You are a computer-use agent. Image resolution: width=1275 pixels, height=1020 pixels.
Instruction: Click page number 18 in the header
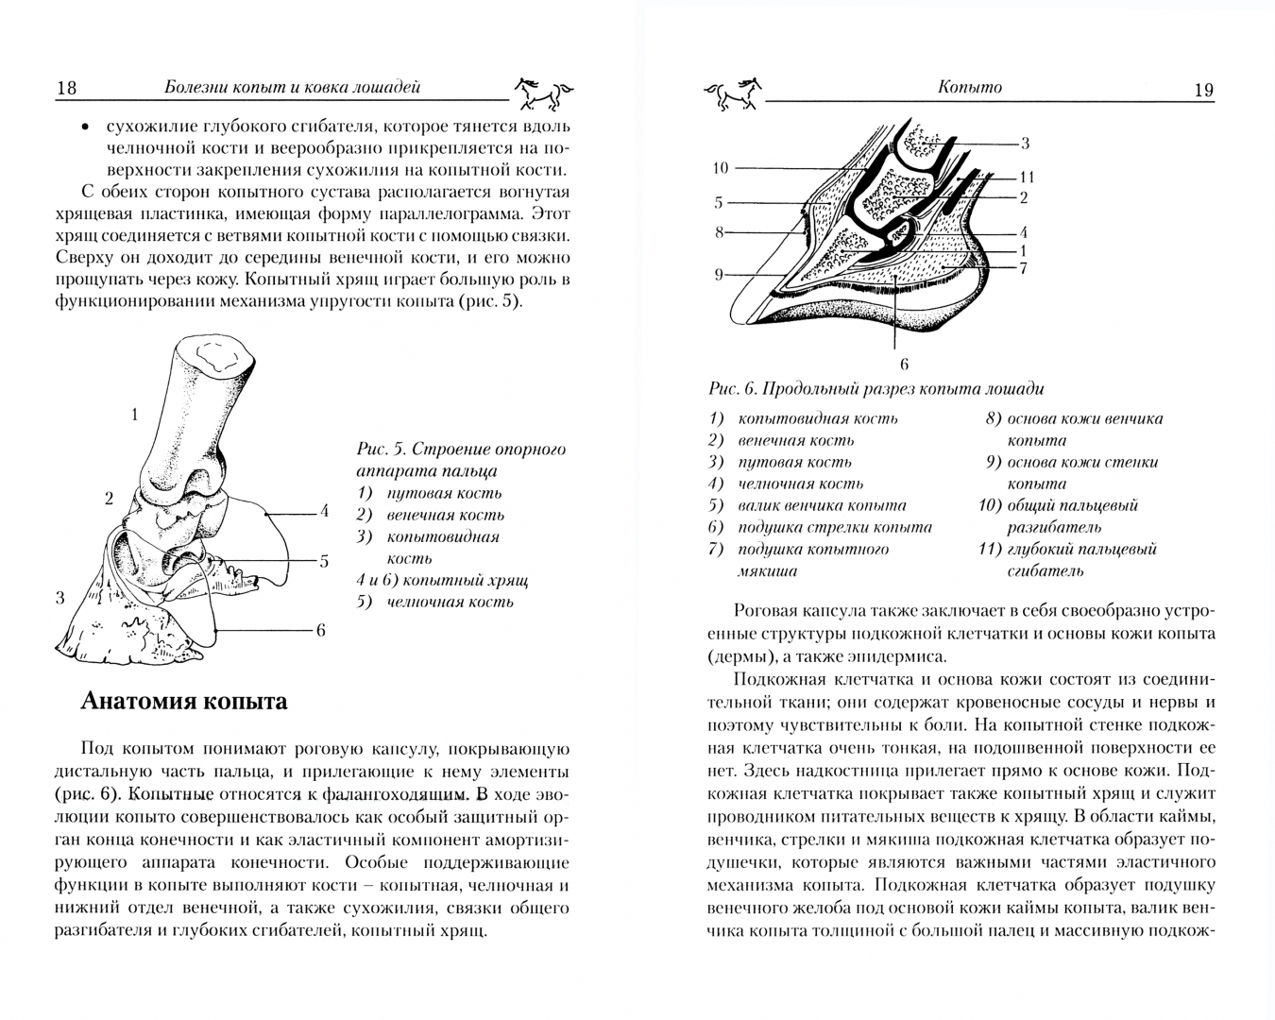(x=66, y=88)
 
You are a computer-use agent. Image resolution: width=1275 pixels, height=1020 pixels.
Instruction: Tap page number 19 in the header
(x=1203, y=90)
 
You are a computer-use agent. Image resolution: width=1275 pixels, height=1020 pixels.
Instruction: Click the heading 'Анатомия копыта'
(x=184, y=701)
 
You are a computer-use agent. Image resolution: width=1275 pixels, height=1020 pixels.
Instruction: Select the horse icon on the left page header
(x=543, y=93)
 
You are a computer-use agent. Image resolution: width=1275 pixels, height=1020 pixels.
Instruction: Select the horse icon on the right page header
(x=732, y=92)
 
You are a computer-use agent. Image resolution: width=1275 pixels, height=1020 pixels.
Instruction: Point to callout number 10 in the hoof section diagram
(x=720, y=168)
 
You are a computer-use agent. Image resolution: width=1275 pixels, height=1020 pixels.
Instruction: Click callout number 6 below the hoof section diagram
(x=903, y=364)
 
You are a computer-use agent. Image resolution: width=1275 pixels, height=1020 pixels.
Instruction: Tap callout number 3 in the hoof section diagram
(x=1025, y=144)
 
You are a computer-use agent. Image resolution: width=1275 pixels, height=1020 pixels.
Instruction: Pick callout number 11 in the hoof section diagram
(x=1027, y=177)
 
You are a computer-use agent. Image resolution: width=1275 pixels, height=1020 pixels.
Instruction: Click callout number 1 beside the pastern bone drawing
(x=134, y=414)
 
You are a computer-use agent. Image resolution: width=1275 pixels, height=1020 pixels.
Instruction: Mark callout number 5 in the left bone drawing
(x=323, y=561)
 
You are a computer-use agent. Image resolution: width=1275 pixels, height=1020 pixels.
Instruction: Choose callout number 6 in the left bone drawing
(x=320, y=630)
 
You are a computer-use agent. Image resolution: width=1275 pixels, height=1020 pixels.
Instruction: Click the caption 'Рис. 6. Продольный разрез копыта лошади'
(x=875, y=389)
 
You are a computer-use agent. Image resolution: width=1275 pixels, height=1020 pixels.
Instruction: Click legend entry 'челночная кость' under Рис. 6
(x=800, y=484)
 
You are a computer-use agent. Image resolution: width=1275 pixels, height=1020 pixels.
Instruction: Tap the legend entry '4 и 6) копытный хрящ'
(x=441, y=580)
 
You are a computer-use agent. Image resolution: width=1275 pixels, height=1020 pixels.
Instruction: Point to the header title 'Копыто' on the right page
(x=970, y=87)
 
